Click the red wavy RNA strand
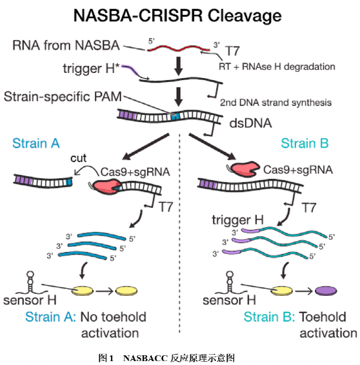[x=179, y=48]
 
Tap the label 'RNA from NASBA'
[x=66, y=45]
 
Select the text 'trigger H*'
[x=92, y=68]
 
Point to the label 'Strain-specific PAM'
[x=63, y=97]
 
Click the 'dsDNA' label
[x=250, y=123]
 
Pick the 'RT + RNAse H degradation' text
[x=277, y=67]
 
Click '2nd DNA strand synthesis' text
[x=275, y=103]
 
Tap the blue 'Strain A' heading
[x=36, y=143]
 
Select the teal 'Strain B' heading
[x=305, y=143]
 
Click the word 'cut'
[x=78, y=158]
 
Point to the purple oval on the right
[x=326, y=291]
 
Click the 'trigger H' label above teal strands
[x=238, y=220]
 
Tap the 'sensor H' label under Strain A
[x=30, y=300]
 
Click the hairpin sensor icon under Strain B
[x=230, y=282]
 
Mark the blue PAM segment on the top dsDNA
[x=175, y=116]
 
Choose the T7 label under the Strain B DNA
[x=308, y=207]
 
